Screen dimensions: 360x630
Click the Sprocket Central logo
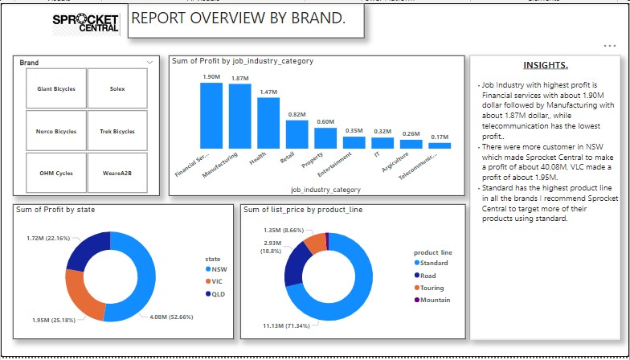click(x=85, y=22)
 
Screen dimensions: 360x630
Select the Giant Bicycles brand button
click(x=56, y=88)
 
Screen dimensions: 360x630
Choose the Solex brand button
click(x=117, y=88)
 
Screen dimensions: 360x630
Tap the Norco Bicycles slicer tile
click(x=56, y=131)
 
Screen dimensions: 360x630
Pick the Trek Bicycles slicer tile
click(x=117, y=131)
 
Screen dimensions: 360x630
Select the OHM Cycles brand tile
click(x=56, y=173)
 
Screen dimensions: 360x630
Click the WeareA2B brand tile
click(x=117, y=173)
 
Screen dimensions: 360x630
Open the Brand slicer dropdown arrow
click(x=149, y=63)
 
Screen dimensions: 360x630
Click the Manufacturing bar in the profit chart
click(x=239, y=116)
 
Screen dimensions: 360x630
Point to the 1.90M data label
click(x=211, y=77)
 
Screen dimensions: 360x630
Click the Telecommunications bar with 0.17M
click(x=440, y=146)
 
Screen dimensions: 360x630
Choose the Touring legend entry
click(x=431, y=288)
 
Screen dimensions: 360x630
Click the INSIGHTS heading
click(x=545, y=65)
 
